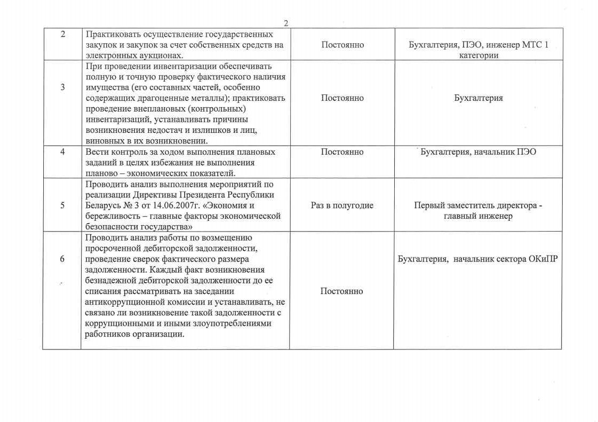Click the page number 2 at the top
coord(286,23)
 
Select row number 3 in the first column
coord(62,87)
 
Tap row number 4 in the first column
coord(62,152)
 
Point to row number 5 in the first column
coord(62,205)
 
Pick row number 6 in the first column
coord(62,259)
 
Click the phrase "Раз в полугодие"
coord(342,205)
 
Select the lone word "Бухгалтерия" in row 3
coord(478,98)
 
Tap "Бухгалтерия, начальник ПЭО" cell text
coord(478,152)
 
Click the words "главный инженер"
coord(478,216)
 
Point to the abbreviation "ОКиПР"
coord(542,259)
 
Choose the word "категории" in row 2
coord(478,55)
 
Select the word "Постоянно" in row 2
coord(342,45)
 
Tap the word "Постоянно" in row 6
coord(342,291)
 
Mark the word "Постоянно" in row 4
coord(342,152)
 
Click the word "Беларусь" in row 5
coord(103,205)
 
